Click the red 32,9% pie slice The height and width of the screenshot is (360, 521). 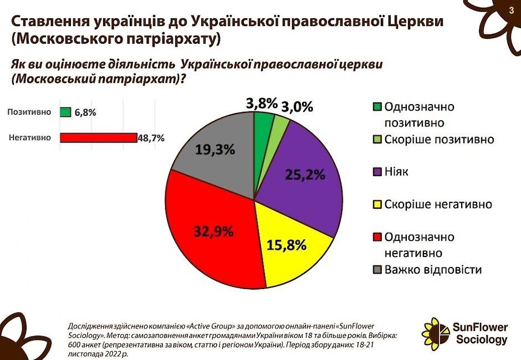pos(208,233)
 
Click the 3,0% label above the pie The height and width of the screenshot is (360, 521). pos(298,106)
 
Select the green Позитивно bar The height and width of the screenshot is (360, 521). pos(65,112)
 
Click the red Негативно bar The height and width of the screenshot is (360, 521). pos(98,138)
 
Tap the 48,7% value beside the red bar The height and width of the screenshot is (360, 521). pos(151,138)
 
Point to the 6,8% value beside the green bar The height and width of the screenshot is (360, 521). pos(85,112)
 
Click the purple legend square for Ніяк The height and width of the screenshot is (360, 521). pos(377,172)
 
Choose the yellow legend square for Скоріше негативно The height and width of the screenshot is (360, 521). pos(377,205)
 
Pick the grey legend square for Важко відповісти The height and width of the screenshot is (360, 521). pos(377,270)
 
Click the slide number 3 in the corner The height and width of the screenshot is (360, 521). pos(511,11)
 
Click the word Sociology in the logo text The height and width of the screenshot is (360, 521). pos(482,339)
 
